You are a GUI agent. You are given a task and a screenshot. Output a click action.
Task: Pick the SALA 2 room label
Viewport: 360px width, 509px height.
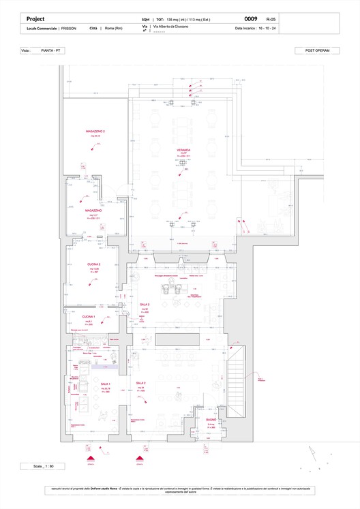(141, 384)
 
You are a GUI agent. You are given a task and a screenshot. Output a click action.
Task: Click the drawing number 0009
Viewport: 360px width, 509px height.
(250, 19)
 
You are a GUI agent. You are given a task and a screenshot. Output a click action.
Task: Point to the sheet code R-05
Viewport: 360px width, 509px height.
(271, 20)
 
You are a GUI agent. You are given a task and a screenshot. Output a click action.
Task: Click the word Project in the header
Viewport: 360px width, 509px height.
(35, 19)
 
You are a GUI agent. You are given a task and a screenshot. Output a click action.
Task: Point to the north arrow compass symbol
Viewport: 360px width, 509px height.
(313, 453)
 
